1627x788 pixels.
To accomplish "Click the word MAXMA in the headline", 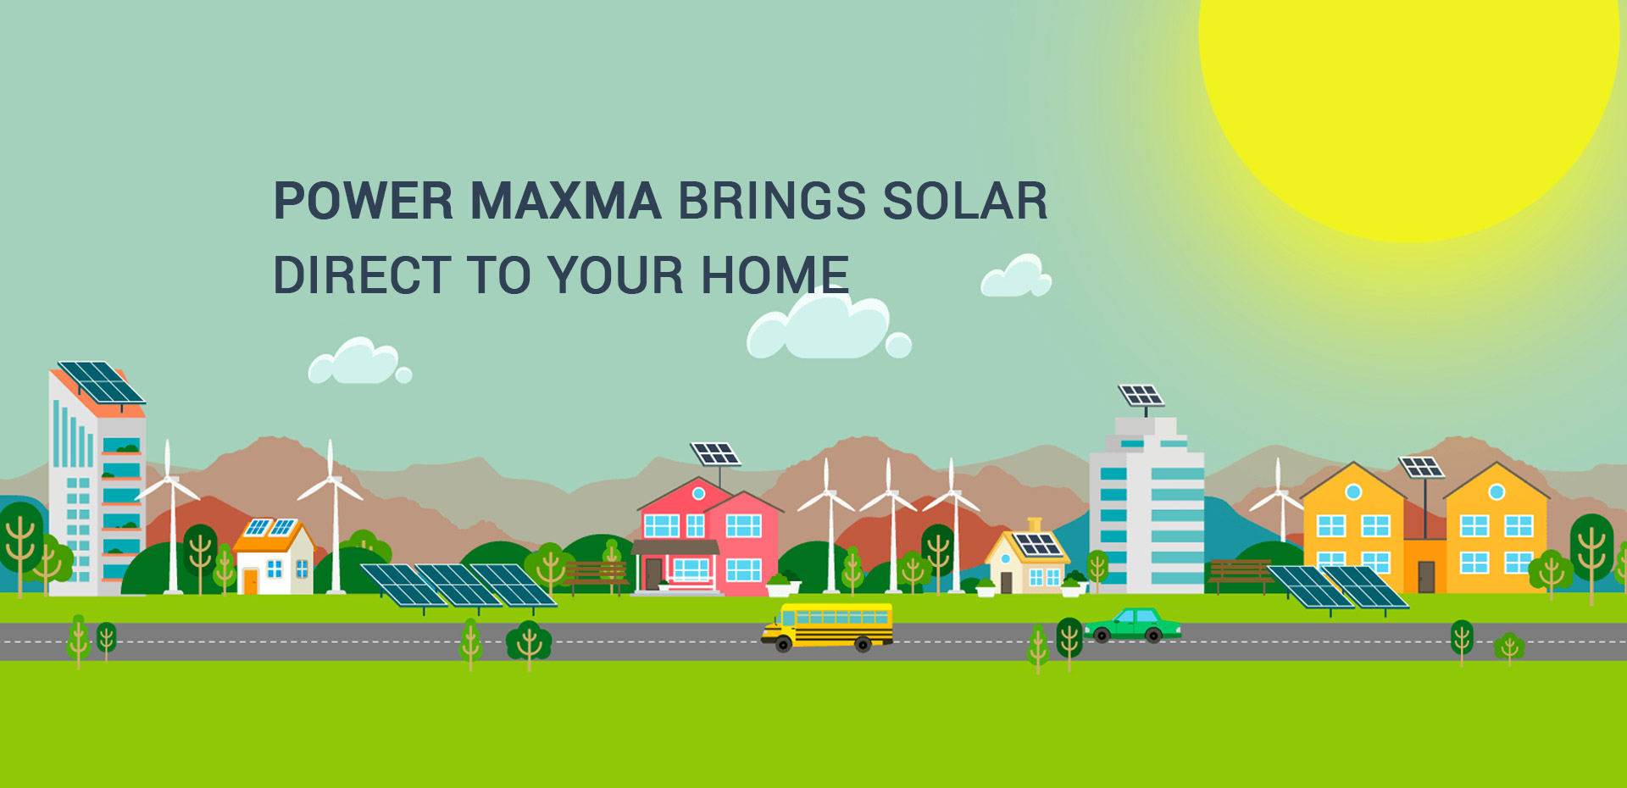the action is coord(565,201).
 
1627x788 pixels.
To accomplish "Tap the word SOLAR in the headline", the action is coord(964,201).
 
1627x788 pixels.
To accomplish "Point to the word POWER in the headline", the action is coord(364,201).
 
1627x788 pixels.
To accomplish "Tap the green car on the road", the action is coord(1132,626).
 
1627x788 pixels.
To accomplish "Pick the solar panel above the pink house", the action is coord(715,453).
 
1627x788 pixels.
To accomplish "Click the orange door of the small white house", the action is coord(250,581).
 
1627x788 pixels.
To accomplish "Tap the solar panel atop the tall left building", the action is coord(101,383).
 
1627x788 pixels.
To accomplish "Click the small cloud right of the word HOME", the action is coord(1016,276).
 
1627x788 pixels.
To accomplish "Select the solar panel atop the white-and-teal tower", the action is coord(1141,395).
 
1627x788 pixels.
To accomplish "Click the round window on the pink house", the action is coord(698,493).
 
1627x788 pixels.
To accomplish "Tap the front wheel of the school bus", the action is coord(784,646).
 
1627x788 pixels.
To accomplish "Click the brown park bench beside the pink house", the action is coord(596,575).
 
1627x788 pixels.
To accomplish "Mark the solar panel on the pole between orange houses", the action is coord(1421,467).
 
